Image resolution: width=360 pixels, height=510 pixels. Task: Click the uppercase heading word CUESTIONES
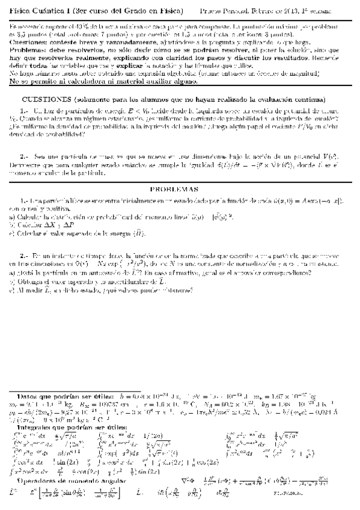47,99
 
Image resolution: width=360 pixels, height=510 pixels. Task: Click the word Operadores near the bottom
40,481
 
